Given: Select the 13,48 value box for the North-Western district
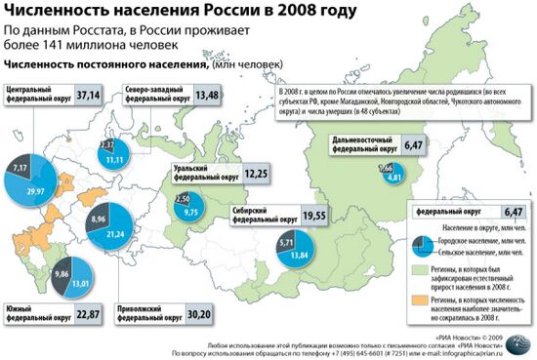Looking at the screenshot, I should tap(206, 95).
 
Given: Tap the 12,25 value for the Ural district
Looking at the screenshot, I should tap(257, 173).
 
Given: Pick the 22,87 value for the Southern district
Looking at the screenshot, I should tap(89, 316).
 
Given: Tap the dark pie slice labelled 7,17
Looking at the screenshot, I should tap(21, 169).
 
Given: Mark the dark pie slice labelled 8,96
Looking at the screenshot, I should tap(98, 220).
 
